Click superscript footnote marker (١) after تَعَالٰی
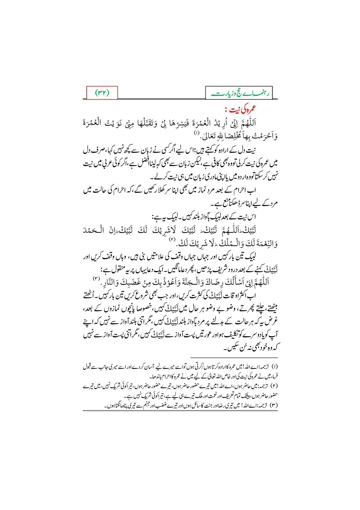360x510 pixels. (196, 133)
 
